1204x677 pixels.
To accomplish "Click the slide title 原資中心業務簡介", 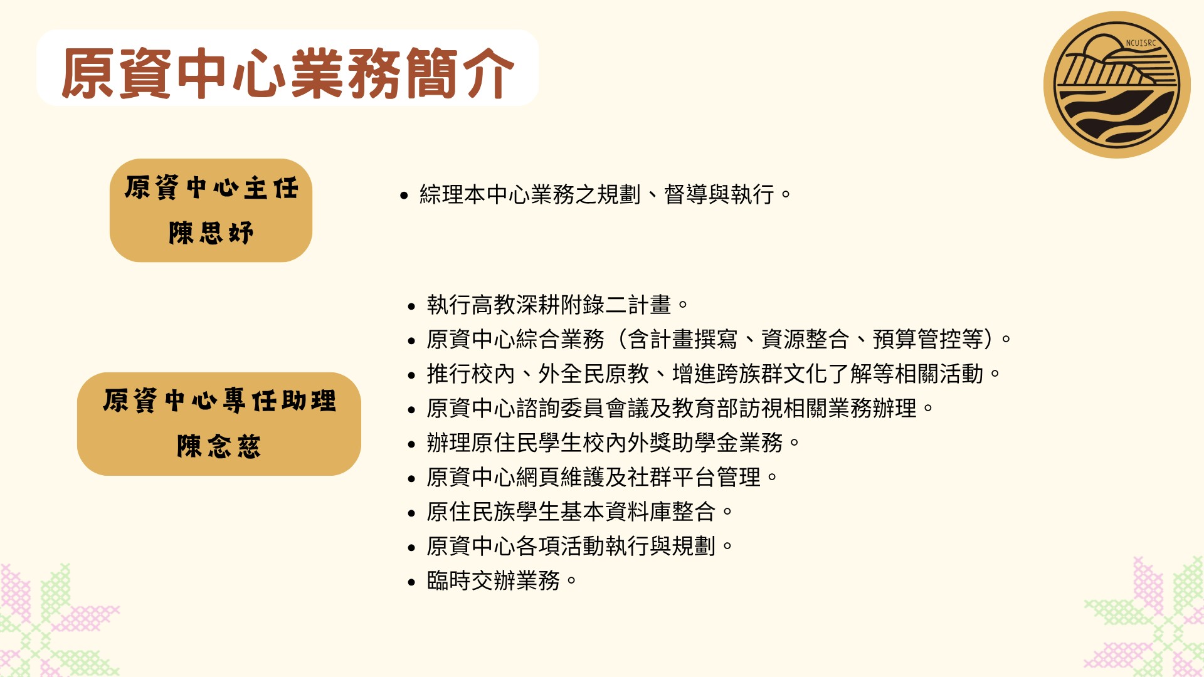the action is (288, 73).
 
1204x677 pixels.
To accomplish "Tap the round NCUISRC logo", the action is (1117, 85).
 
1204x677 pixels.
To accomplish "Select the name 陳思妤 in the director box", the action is (211, 233).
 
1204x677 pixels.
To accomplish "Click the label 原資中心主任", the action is (211, 187).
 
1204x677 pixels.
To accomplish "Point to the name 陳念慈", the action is (219, 446).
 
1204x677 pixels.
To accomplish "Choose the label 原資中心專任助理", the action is (219, 401).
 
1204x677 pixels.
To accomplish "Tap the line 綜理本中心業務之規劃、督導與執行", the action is (605, 194).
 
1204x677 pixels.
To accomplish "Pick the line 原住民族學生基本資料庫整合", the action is (579, 512).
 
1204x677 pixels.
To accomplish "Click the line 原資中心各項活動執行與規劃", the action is (579, 546).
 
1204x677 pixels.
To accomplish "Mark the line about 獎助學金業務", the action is (613, 443).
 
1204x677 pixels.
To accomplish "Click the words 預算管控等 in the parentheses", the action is (928, 339).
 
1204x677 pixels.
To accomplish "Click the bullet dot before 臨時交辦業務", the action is (411, 582).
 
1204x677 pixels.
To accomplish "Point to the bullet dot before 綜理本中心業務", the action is (404, 196).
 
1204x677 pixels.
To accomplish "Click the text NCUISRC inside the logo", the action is (1141, 43).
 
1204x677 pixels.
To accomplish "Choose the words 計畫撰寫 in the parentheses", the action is (694, 339).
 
